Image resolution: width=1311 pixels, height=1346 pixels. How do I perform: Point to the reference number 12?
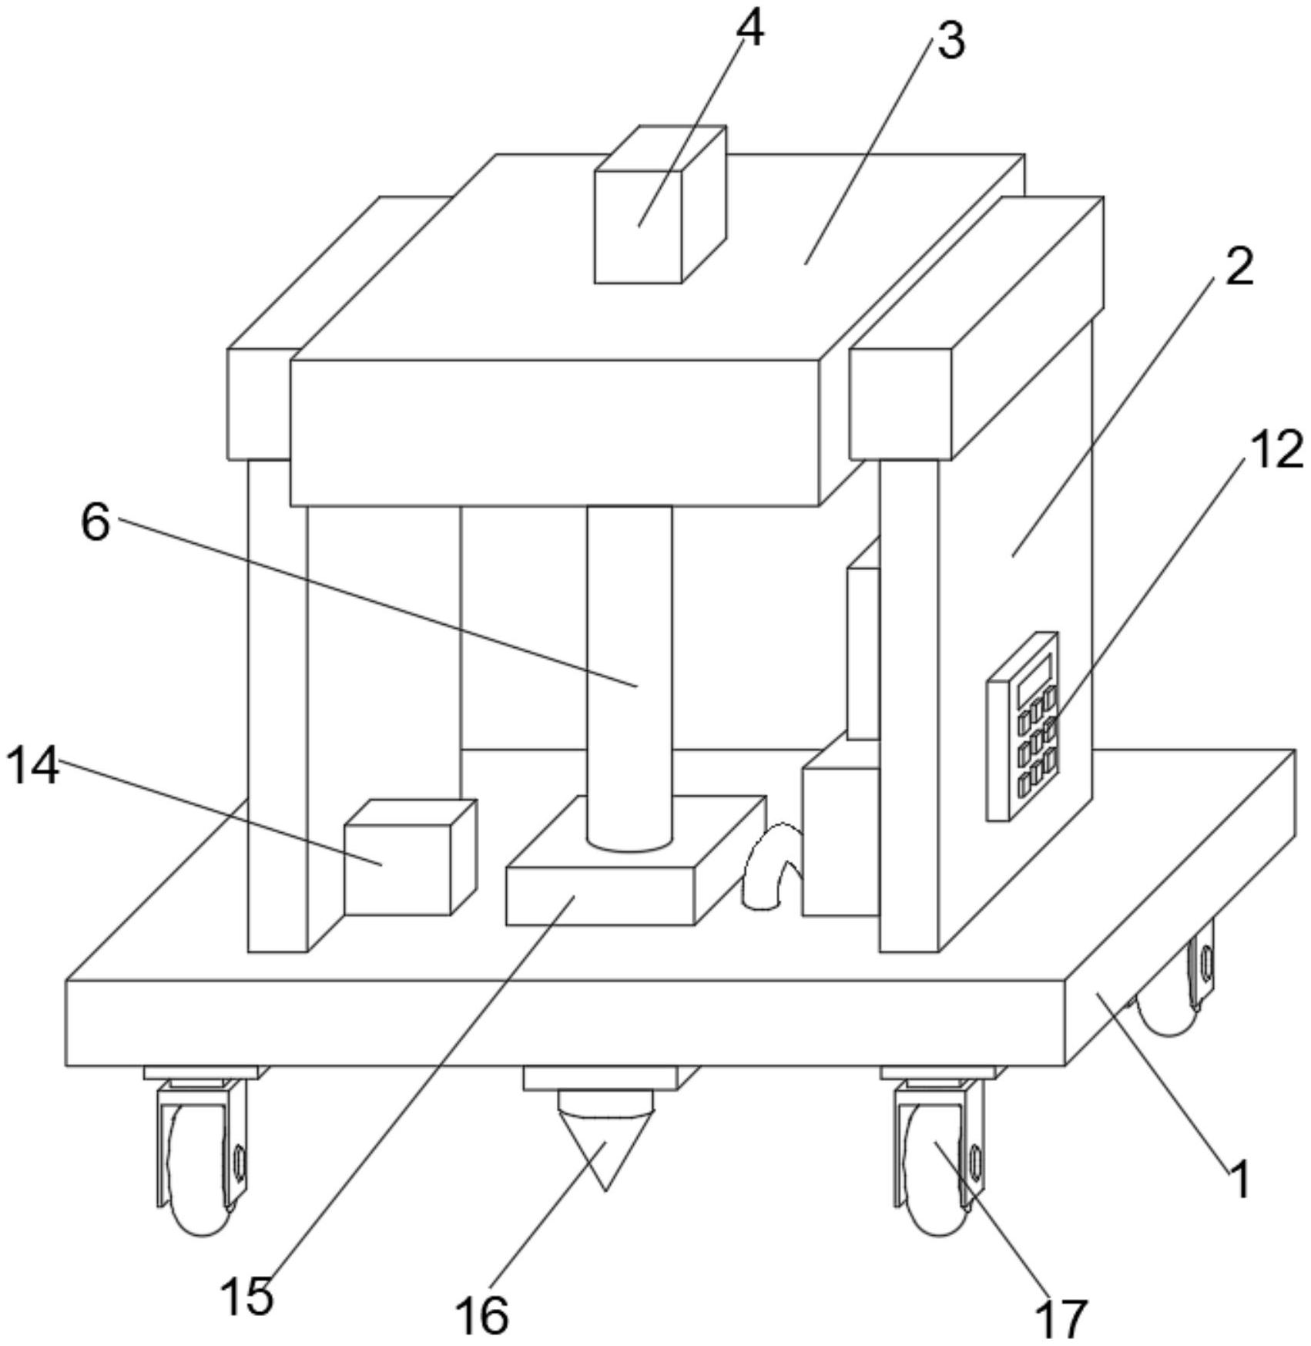(1275, 451)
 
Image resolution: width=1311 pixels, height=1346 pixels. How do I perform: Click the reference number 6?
(96, 524)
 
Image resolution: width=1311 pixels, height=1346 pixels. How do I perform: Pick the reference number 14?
(32, 768)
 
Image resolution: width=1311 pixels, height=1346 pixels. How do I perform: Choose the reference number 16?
(482, 1314)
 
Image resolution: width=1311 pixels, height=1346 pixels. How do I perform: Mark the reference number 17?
(1063, 1317)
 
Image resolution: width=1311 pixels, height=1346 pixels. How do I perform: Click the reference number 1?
(1239, 1180)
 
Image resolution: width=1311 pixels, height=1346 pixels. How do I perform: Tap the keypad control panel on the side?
(1022, 728)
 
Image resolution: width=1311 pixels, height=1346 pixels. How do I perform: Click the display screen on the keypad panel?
(1034, 676)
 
